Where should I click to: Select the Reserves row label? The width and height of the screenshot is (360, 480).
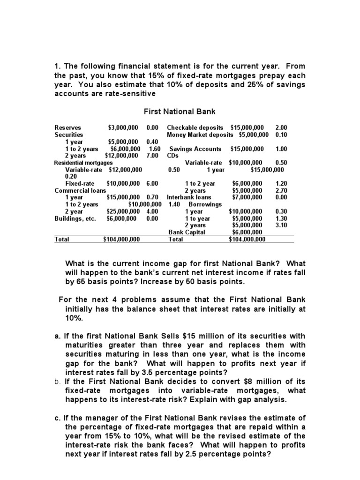point(67,127)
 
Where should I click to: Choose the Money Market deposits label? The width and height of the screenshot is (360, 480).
point(200,135)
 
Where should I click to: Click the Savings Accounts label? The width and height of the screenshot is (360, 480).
point(195,149)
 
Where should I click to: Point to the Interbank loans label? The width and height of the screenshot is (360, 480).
point(189,197)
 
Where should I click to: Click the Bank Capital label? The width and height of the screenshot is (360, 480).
point(187,232)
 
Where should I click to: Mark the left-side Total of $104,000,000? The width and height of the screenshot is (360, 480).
point(121,239)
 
